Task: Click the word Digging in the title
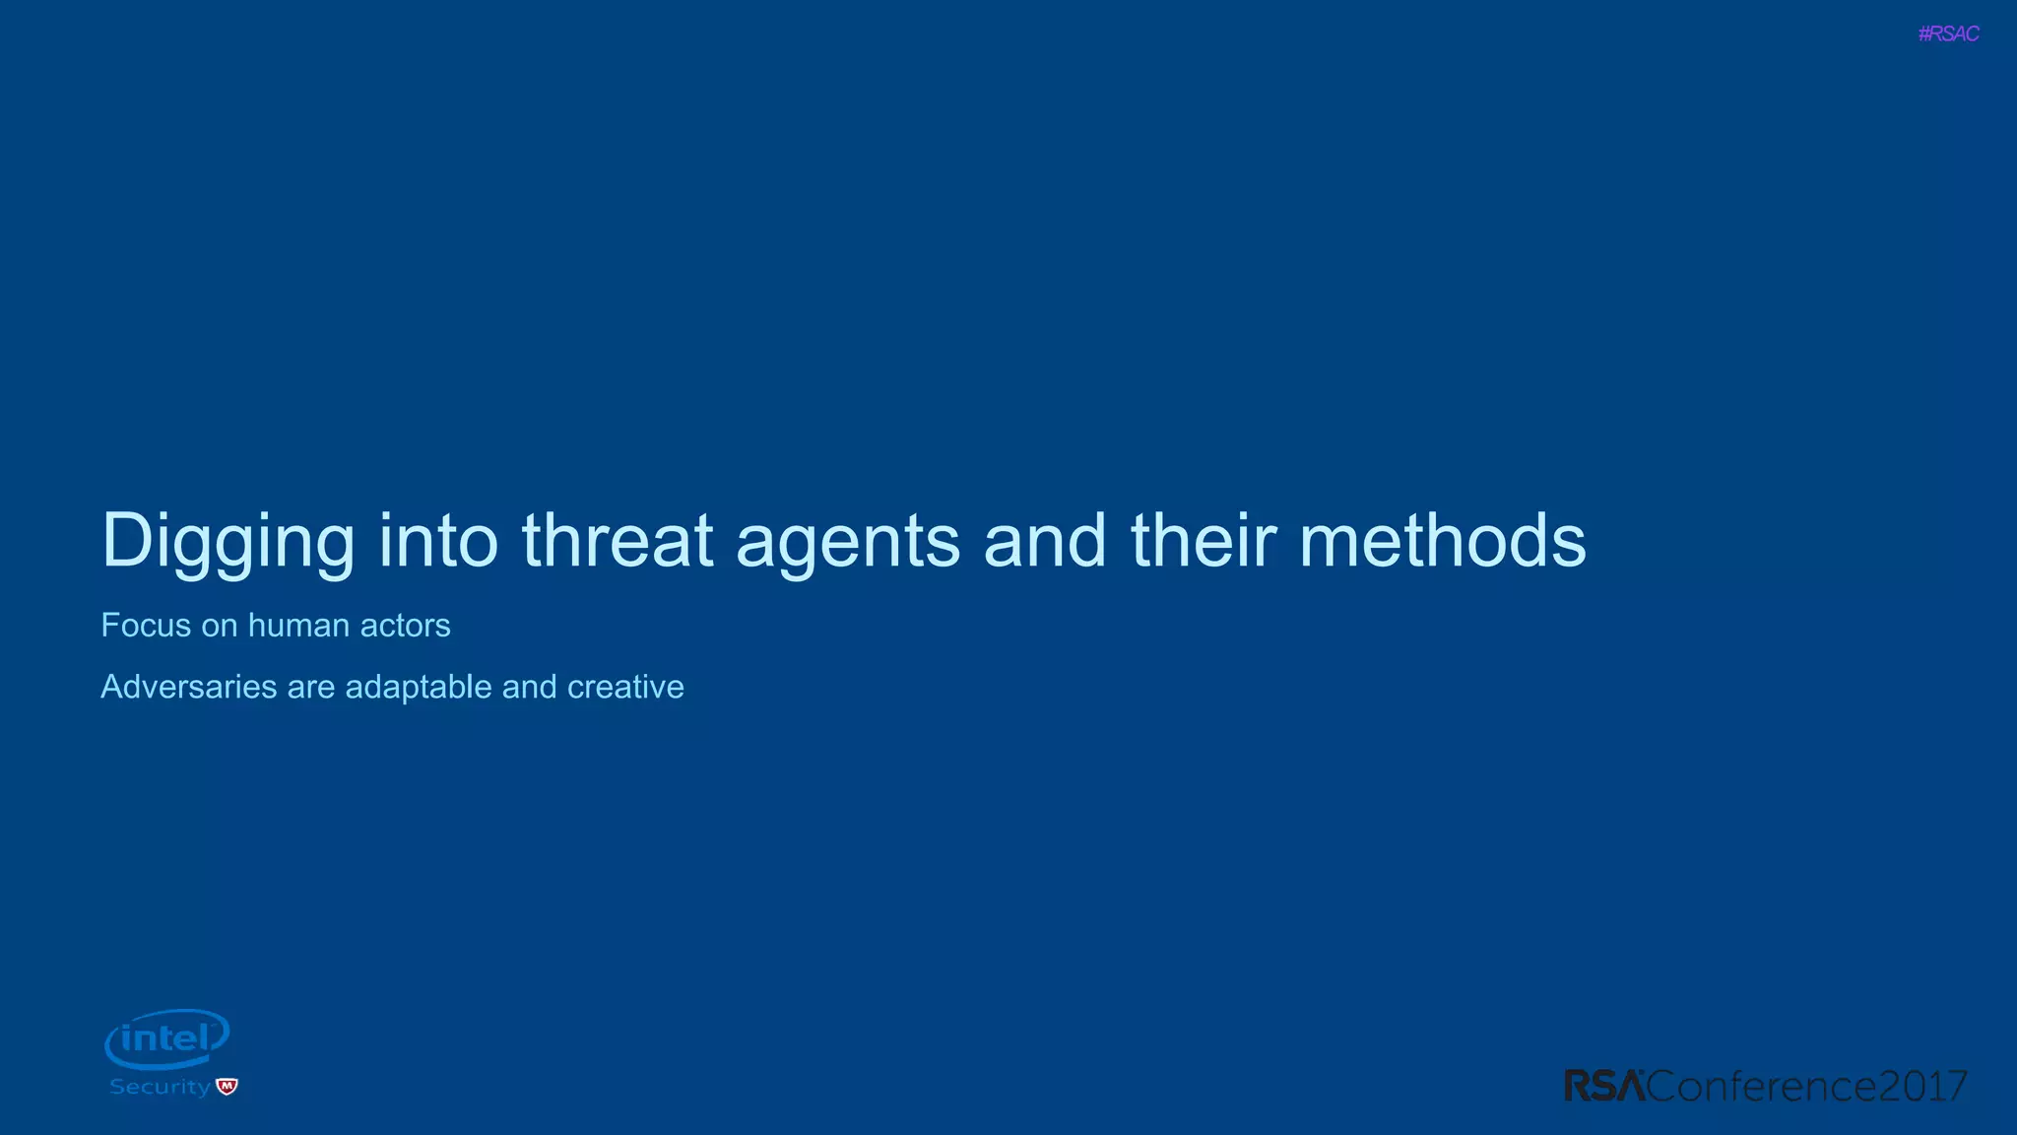coord(228,541)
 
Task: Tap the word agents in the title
coord(847,542)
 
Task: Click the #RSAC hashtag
coord(1948,33)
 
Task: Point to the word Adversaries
coord(189,687)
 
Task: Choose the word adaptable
coord(419,688)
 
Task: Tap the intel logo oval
coord(167,1038)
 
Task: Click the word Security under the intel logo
coord(160,1087)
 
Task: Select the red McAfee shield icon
coord(228,1087)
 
